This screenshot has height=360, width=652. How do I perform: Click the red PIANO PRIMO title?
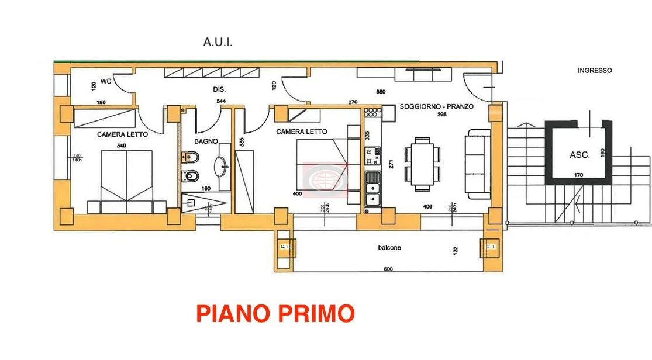pos(275,314)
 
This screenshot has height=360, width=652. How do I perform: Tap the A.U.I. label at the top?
pos(218,42)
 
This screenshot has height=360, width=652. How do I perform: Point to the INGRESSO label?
pos(595,70)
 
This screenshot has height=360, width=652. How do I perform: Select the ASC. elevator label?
pos(579,155)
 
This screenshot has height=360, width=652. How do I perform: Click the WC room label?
pos(106,81)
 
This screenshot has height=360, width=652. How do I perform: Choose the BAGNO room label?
pos(206,141)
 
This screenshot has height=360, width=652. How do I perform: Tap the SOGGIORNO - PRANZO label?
pos(436,107)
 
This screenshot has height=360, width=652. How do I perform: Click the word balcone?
pos(389,248)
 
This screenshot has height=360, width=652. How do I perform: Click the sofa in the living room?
pos(477,164)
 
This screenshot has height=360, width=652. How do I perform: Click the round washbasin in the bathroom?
pos(223,167)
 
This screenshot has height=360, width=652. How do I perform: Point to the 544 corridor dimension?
pos(221,101)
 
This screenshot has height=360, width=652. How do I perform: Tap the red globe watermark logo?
pos(325,179)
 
